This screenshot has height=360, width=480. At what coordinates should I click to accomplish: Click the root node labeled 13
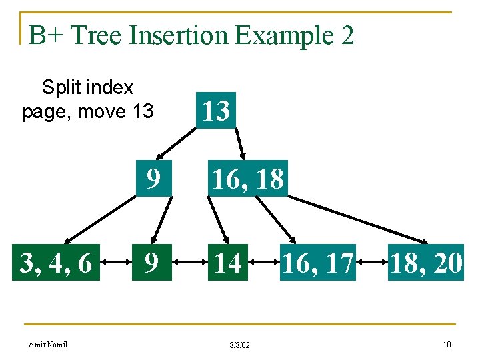(216, 111)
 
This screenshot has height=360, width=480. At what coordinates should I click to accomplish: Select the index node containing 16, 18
(247, 179)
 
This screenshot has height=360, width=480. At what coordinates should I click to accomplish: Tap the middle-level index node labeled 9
(153, 179)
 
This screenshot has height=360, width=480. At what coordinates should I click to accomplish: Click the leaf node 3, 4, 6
(56, 263)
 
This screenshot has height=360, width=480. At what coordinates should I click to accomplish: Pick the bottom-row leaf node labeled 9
(153, 263)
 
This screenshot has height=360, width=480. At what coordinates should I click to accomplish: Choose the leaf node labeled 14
(227, 263)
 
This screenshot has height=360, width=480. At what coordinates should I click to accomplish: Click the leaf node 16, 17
(317, 263)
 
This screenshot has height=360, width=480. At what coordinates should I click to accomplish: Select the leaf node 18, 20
(426, 263)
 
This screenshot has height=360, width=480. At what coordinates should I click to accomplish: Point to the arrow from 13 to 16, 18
(240, 142)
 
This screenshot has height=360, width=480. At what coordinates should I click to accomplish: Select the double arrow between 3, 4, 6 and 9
(117, 263)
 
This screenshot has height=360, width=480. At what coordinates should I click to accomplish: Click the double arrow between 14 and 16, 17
(261, 263)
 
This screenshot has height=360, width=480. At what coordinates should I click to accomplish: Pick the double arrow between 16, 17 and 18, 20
(372, 263)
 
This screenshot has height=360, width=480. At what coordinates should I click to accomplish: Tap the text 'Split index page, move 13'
(88, 99)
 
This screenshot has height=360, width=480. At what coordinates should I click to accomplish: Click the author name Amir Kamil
(47, 344)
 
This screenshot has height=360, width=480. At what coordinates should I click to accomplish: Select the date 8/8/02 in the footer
(239, 345)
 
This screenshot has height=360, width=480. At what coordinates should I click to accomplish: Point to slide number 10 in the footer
(446, 344)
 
